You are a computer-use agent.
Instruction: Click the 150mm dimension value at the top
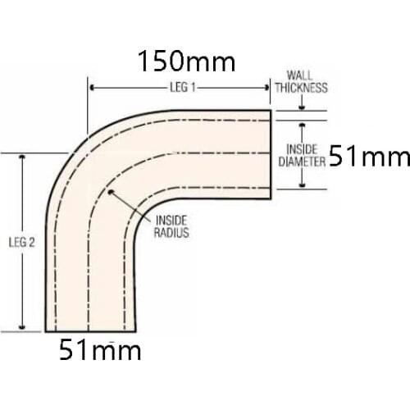186,61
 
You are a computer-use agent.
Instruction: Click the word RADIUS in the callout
171,233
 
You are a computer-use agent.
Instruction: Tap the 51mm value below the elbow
100,351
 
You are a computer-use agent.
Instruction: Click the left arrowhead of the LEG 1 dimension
93,87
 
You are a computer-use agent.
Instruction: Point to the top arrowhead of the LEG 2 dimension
22,157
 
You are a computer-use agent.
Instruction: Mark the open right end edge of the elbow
271,154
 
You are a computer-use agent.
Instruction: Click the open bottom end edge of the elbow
91,331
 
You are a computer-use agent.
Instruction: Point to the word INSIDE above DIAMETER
302,149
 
